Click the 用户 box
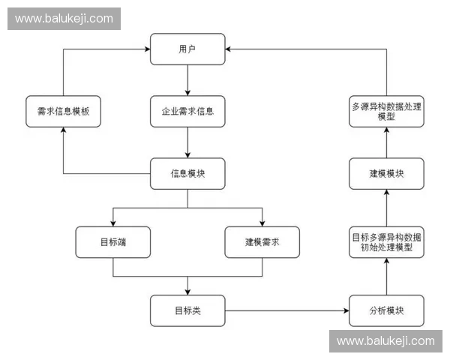tap(187, 49)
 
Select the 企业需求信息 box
tap(187, 111)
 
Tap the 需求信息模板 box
tap(63, 111)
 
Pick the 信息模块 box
tap(187, 173)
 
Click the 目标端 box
tap(112, 241)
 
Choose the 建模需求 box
tap(262, 241)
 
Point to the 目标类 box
tap(187, 310)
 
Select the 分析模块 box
tap(386, 310)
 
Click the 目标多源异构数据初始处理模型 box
tap(386, 241)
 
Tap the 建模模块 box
tap(386, 173)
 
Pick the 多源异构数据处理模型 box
tap(386, 111)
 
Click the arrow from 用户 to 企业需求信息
tap(187, 79)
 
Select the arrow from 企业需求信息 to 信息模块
tap(187, 142)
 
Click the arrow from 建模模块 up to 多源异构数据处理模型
tap(386, 142)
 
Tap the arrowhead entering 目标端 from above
tap(112, 223)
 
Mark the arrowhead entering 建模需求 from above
tap(262, 223)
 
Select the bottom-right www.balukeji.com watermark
tap(385, 341)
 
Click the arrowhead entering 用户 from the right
tap(229, 49)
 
